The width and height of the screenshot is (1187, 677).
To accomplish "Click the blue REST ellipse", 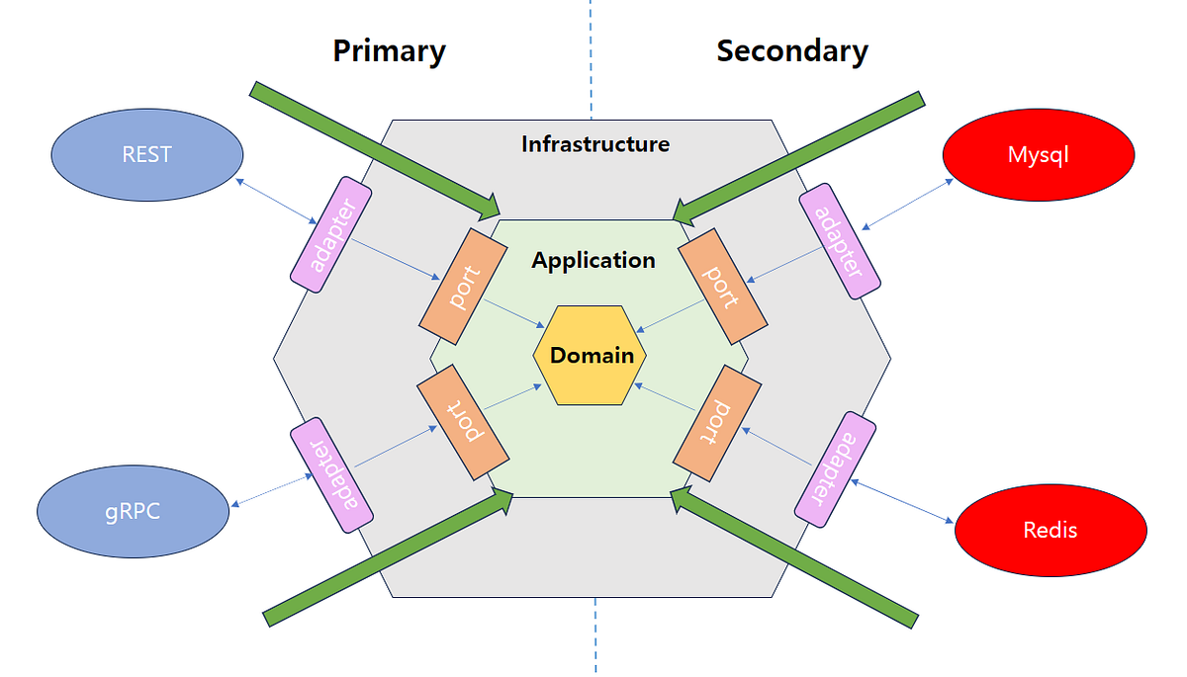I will [146, 154].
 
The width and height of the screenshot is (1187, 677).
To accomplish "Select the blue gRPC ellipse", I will [134, 511].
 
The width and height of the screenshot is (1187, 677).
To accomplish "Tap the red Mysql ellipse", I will [1038, 154].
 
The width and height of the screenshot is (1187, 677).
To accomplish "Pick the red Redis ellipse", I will [1050, 529].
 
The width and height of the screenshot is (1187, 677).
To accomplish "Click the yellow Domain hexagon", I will [591, 355].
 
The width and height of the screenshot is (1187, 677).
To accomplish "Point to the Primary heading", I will [389, 50].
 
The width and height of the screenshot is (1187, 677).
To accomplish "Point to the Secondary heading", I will [791, 50].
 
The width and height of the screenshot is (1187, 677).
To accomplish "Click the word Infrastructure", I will [594, 144].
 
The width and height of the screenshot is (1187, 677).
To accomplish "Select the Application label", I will [593, 261].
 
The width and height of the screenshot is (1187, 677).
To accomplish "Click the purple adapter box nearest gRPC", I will [332, 475].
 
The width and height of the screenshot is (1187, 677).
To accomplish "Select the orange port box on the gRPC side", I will [463, 423].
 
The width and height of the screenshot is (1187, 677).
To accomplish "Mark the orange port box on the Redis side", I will [718, 423].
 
